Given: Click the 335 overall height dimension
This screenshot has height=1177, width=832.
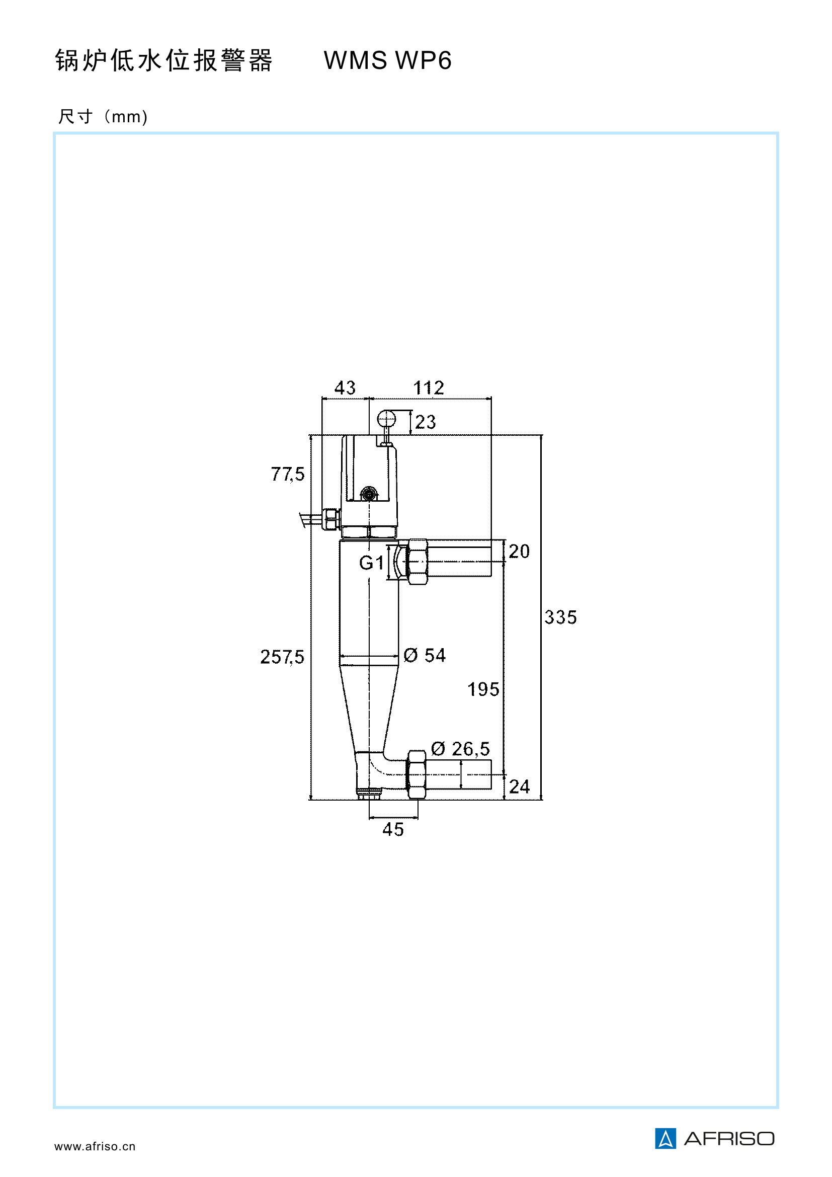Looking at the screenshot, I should point(560,617).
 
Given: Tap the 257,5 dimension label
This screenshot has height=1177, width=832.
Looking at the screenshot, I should point(282,657).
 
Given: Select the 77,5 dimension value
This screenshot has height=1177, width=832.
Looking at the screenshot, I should point(287,474).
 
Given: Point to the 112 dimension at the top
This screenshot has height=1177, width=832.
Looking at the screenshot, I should point(428,388).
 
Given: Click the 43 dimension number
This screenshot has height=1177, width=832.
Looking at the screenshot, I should point(345,388).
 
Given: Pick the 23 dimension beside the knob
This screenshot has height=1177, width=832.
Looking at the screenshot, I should point(425,422).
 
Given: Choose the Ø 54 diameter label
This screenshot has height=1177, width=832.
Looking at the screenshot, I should point(424,655).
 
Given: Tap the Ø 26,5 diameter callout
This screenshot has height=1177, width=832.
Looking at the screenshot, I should point(460,749).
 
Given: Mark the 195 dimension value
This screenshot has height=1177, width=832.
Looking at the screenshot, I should point(482,689).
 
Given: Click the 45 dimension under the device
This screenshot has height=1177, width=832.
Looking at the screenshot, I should point(393,829).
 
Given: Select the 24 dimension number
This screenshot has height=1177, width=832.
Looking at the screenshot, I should point(519,787).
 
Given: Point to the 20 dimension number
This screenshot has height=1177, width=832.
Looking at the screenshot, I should point(519,552).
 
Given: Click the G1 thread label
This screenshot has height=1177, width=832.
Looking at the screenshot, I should point(371,563).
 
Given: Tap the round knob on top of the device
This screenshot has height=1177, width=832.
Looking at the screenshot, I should point(386,420).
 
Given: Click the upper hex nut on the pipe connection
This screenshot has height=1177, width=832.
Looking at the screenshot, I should point(417,562).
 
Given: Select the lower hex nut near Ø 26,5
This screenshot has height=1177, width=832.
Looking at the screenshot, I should point(417,774).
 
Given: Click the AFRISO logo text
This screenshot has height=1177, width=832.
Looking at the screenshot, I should point(728,1139).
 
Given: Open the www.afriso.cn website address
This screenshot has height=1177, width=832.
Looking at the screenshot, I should point(95,1147).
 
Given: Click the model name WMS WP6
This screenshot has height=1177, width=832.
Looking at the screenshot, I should point(388,60).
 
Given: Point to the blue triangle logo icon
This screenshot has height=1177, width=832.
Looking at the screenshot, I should point(665,1139).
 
